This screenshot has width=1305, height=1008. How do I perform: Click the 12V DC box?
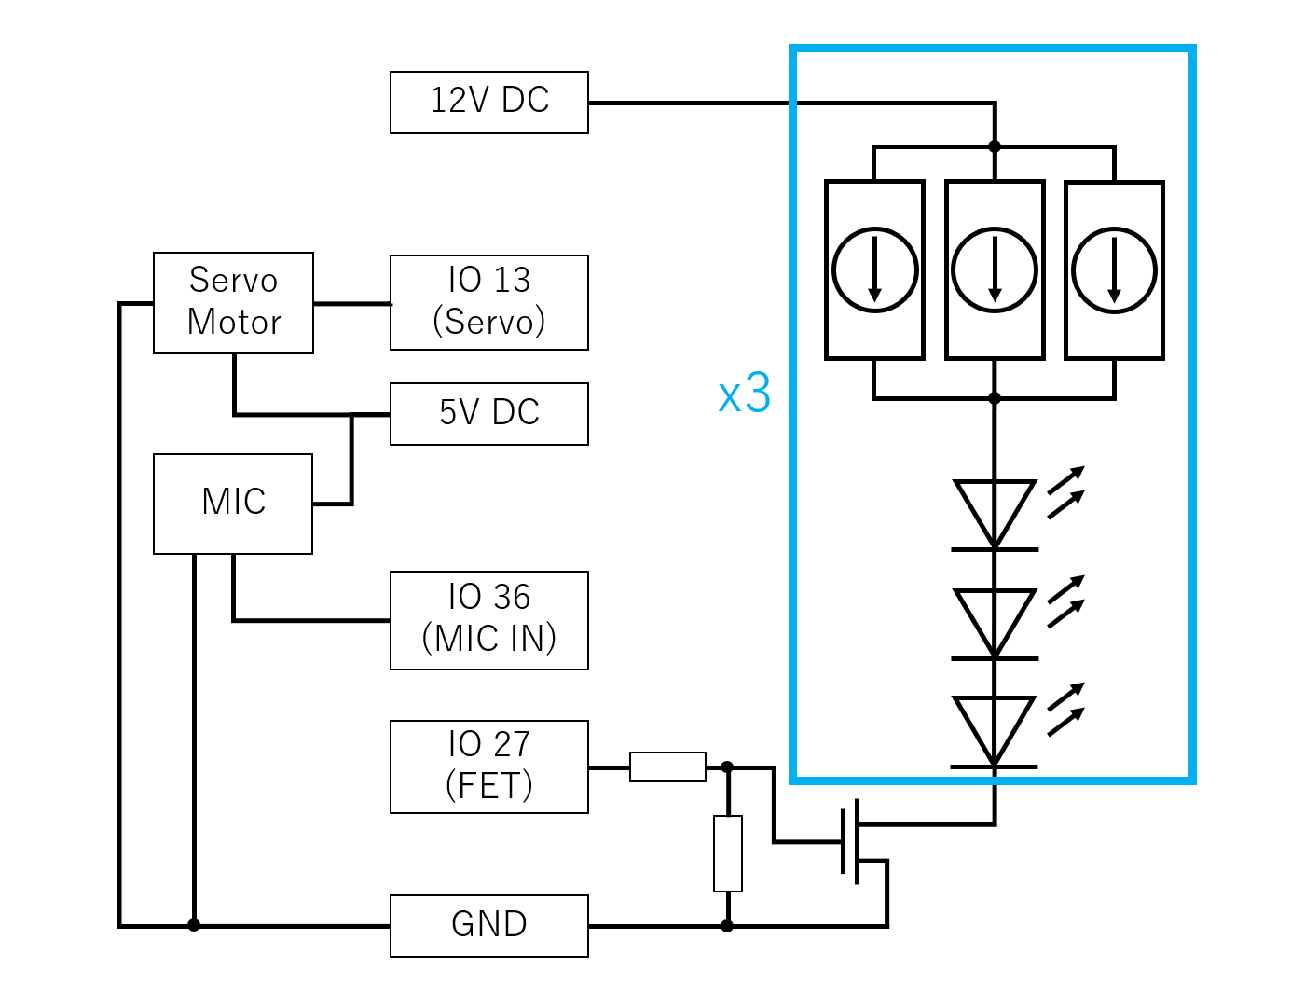tap(488, 103)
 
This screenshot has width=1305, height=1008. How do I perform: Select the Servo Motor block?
tap(233, 303)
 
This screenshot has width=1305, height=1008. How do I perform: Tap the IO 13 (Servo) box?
tap(488, 302)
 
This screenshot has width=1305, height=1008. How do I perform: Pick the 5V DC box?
tap(488, 414)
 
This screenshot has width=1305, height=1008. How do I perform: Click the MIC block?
tap(233, 504)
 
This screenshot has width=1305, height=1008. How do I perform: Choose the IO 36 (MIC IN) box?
tap(488, 620)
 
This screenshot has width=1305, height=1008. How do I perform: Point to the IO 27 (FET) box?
tap(488, 766)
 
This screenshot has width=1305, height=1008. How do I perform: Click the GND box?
tap(488, 926)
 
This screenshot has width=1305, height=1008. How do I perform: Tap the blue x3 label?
tap(744, 394)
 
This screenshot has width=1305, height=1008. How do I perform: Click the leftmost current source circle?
tap(874, 269)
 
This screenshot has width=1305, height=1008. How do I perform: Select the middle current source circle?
tap(995, 269)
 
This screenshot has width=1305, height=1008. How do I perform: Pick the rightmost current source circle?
tap(1114, 269)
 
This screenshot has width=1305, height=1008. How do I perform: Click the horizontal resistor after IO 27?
tap(667, 766)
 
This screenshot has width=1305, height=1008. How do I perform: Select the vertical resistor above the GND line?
tap(727, 853)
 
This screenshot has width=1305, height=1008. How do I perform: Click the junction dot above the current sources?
tap(995, 146)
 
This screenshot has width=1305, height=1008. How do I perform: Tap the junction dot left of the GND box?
tap(193, 925)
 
